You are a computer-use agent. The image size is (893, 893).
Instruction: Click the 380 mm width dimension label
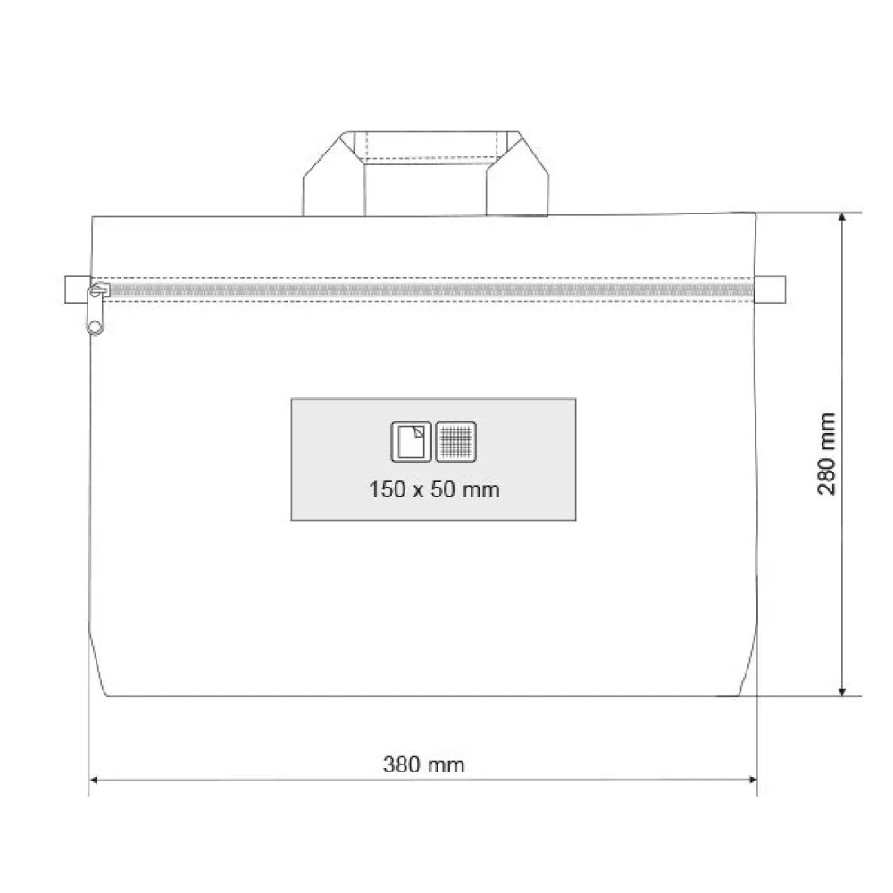[x=423, y=764]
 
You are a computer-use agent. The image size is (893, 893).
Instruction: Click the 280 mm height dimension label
[x=826, y=454]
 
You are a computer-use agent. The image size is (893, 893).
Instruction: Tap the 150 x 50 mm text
[x=434, y=489]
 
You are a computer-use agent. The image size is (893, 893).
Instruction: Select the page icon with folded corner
[x=411, y=441]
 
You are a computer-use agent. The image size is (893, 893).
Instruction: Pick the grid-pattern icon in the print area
[x=456, y=441]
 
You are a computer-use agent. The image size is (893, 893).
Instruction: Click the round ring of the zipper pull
[x=96, y=327]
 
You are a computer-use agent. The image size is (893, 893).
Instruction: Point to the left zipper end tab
[x=78, y=289]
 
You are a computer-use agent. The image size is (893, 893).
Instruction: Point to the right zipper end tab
[x=770, y=289]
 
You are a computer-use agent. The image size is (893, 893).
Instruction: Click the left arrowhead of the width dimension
[x=95, y=780]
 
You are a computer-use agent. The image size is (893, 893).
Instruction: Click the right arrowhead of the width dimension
[x=752, y=780]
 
